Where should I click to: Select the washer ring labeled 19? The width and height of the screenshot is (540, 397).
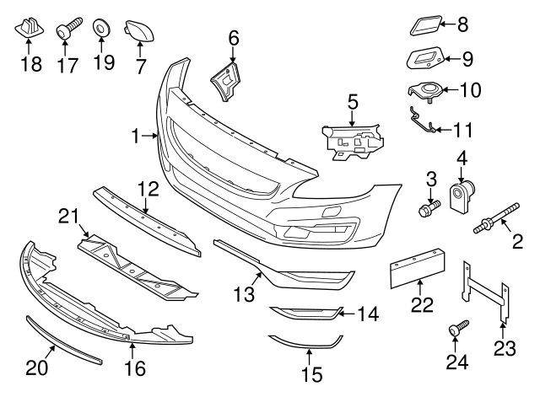tap(101, 28)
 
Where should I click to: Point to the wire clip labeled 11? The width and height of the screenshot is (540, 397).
tap(425, 122)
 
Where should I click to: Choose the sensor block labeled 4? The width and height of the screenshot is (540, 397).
tap(464, 199)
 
